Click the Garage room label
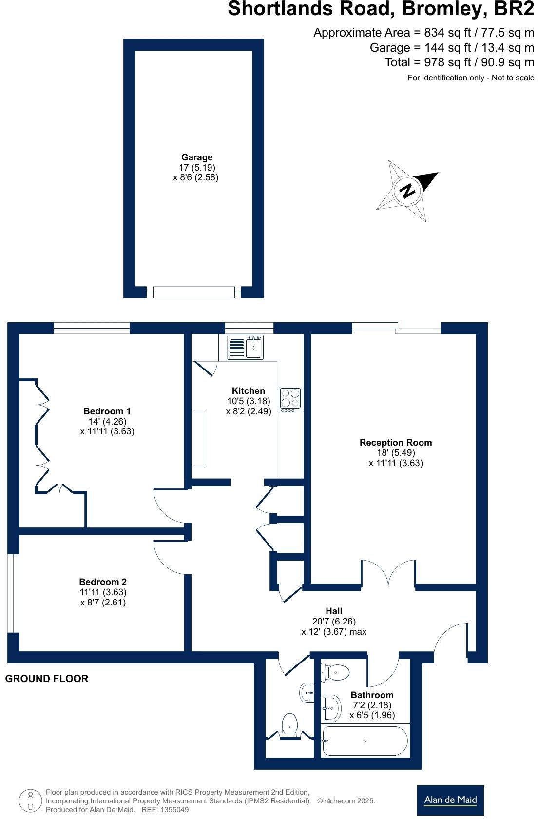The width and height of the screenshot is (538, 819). click(196, 157)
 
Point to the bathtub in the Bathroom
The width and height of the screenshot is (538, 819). click(365, 741)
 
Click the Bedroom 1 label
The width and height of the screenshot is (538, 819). click(107, 411)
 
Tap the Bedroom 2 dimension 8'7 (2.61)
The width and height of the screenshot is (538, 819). click(103, 602)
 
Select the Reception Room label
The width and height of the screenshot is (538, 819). click(396, 442)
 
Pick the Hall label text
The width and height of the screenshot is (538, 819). click(334, 611)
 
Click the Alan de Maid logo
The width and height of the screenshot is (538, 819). click(450, 800)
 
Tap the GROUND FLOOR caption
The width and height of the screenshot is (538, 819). click(47, 679)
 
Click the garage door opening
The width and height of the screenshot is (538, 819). click(194, 292)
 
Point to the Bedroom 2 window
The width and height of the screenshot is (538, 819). click(13, 593)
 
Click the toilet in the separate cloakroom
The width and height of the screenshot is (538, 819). click(290, 725)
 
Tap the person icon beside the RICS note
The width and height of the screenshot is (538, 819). click(31, 800)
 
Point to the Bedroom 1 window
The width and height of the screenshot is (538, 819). click(92, 329)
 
